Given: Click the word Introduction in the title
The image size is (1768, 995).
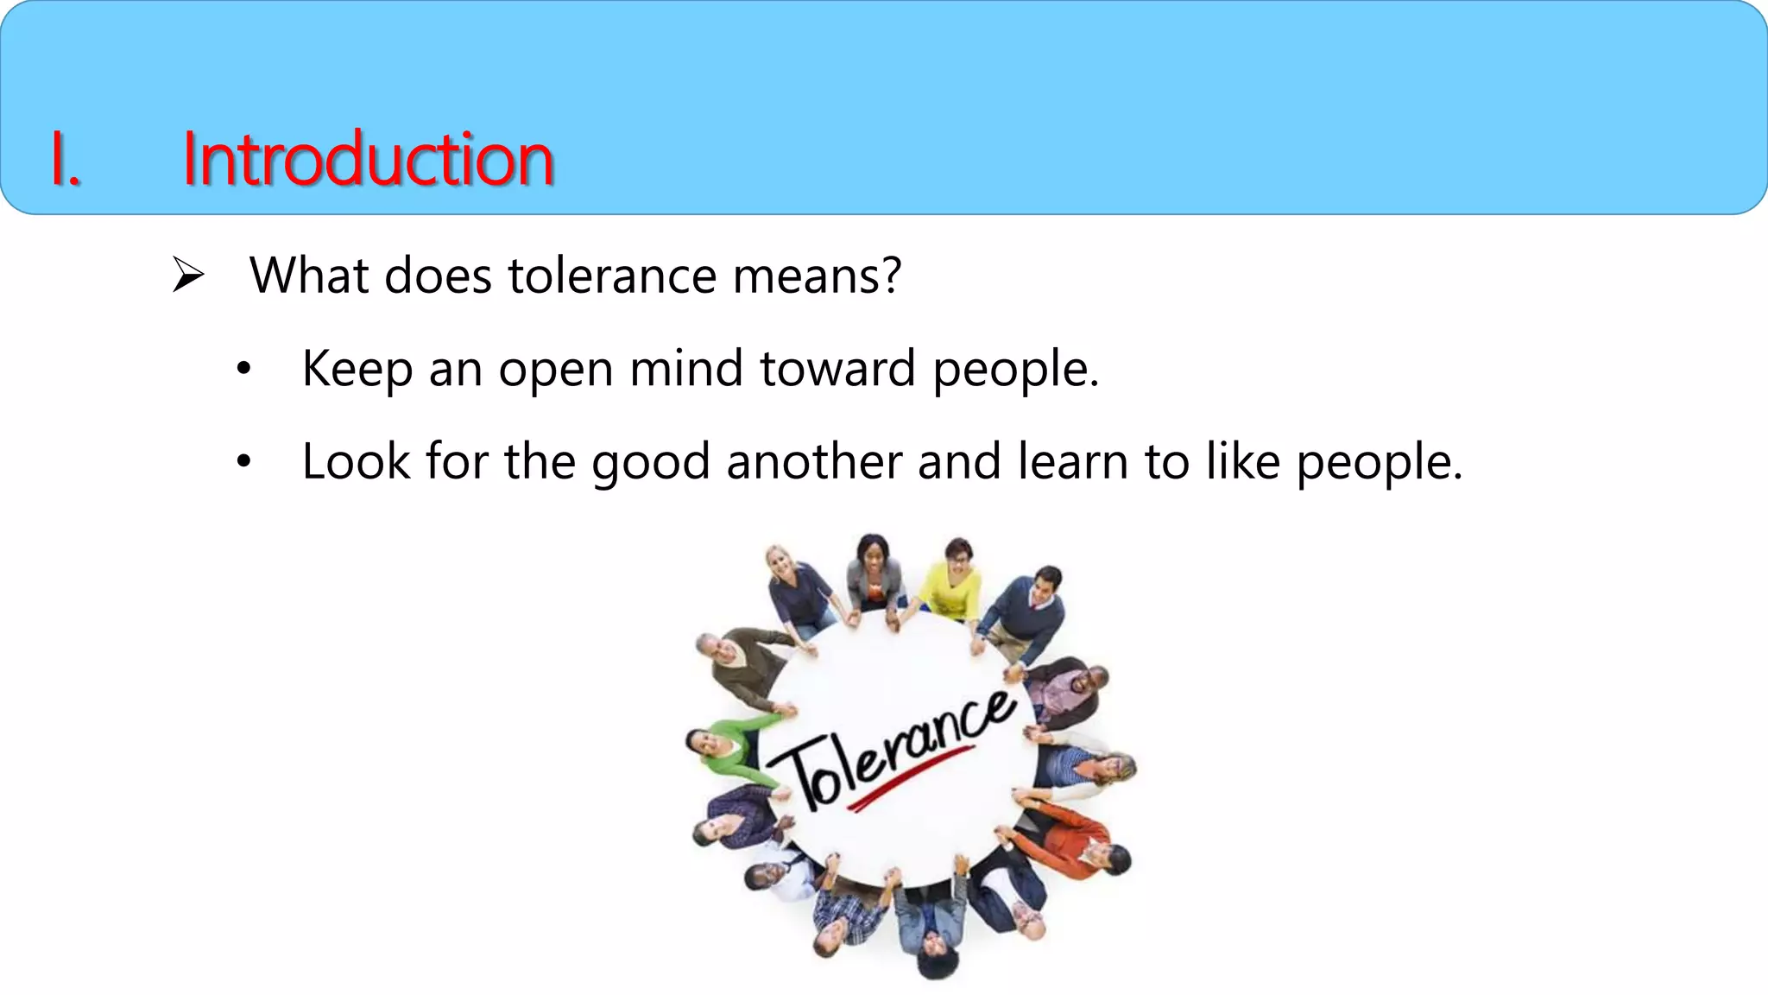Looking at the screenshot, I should pyautogui.click(x=368, y=159).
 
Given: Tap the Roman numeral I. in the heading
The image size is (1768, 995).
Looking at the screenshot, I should pyautogui.click(x=66, y=161).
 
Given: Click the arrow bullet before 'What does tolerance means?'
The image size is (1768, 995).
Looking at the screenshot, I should pyautogui.click(x=187, y=275).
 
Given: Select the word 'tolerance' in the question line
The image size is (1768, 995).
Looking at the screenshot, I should pyautogui.click(x=612, y=276).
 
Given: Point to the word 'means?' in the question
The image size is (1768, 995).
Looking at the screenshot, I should pyautogui.click(x=817, y=276).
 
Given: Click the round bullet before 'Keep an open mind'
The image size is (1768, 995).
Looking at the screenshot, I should pyautogui.click(x=244, y=369).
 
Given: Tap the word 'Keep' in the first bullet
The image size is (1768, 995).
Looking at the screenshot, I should pyautogui.click(x=357, y=369).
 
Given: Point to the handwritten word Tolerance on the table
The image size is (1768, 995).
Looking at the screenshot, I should pyautogui.click(x=893, y=747).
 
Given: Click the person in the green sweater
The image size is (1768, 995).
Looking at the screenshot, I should pyautogui.click(x=723, y=746).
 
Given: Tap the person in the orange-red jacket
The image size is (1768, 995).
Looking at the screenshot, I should pyautogui.click(x=1070, y=838).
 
